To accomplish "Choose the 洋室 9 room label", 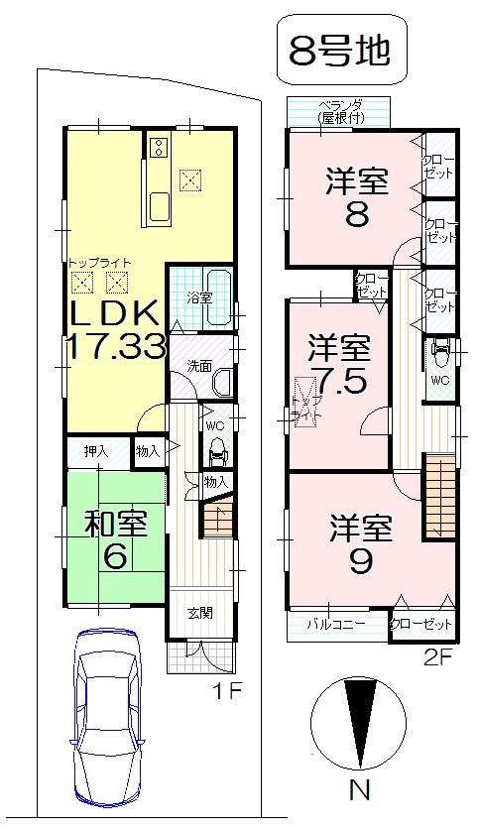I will (x=359, y=542).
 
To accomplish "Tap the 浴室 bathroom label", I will (x=199, y=297).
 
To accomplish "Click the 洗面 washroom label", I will (x=198, y=365).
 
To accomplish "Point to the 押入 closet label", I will (x=95, y=451).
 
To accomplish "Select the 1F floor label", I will (x=229, y=690).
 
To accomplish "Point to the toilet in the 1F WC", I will (x=218, y=447).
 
